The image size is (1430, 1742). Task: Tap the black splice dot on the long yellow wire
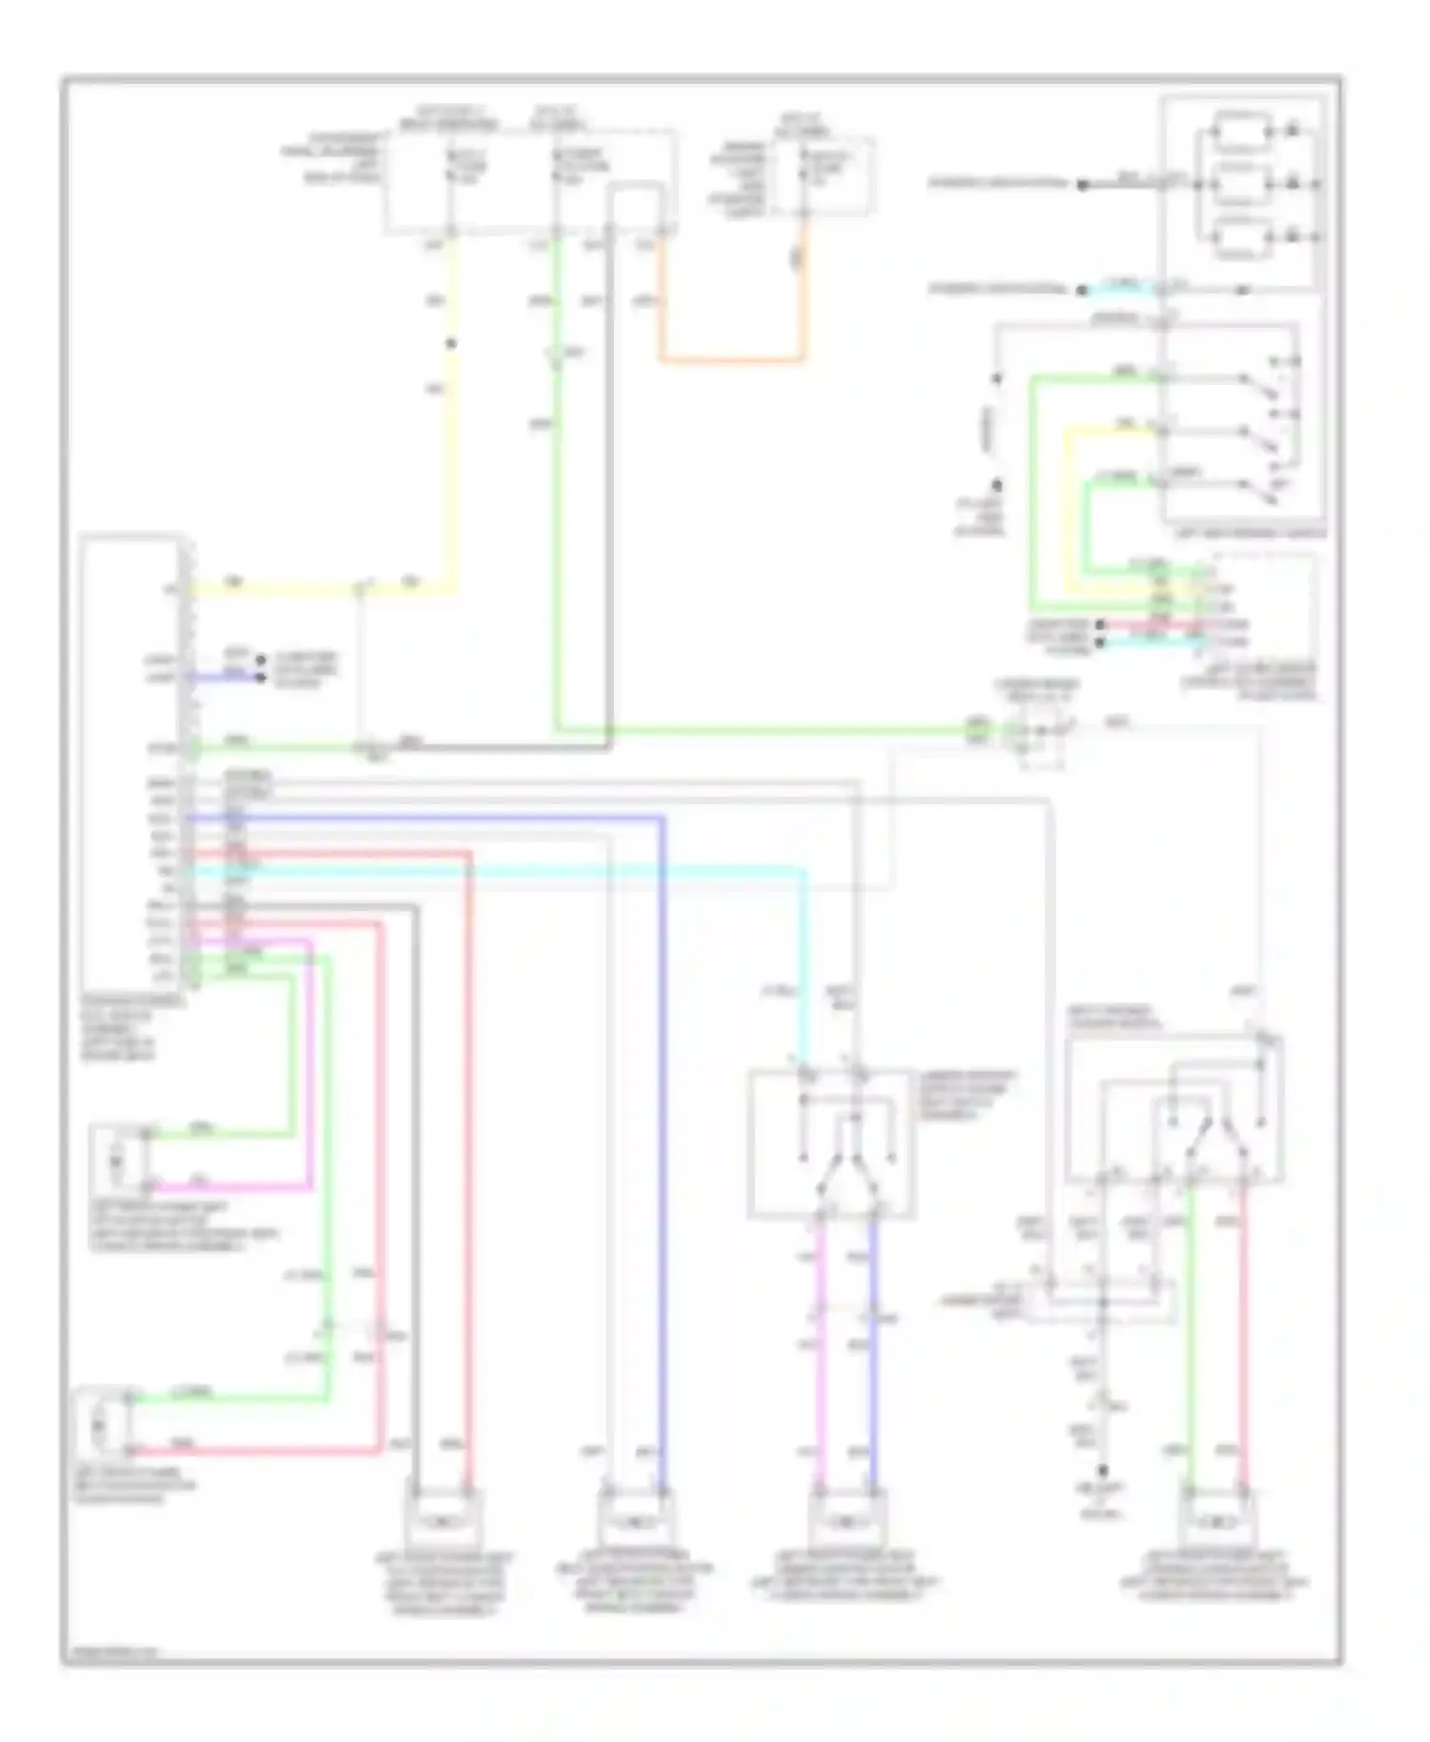[452, 344]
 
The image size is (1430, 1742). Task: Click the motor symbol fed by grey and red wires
[442, 1524]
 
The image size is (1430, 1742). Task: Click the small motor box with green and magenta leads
[117, 1160]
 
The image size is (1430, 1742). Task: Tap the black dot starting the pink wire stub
[1099, 626]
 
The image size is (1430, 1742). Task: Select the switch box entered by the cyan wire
[831, 1144]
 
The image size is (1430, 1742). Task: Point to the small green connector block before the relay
[977, 730]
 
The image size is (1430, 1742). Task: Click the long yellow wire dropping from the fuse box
[452, 429]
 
